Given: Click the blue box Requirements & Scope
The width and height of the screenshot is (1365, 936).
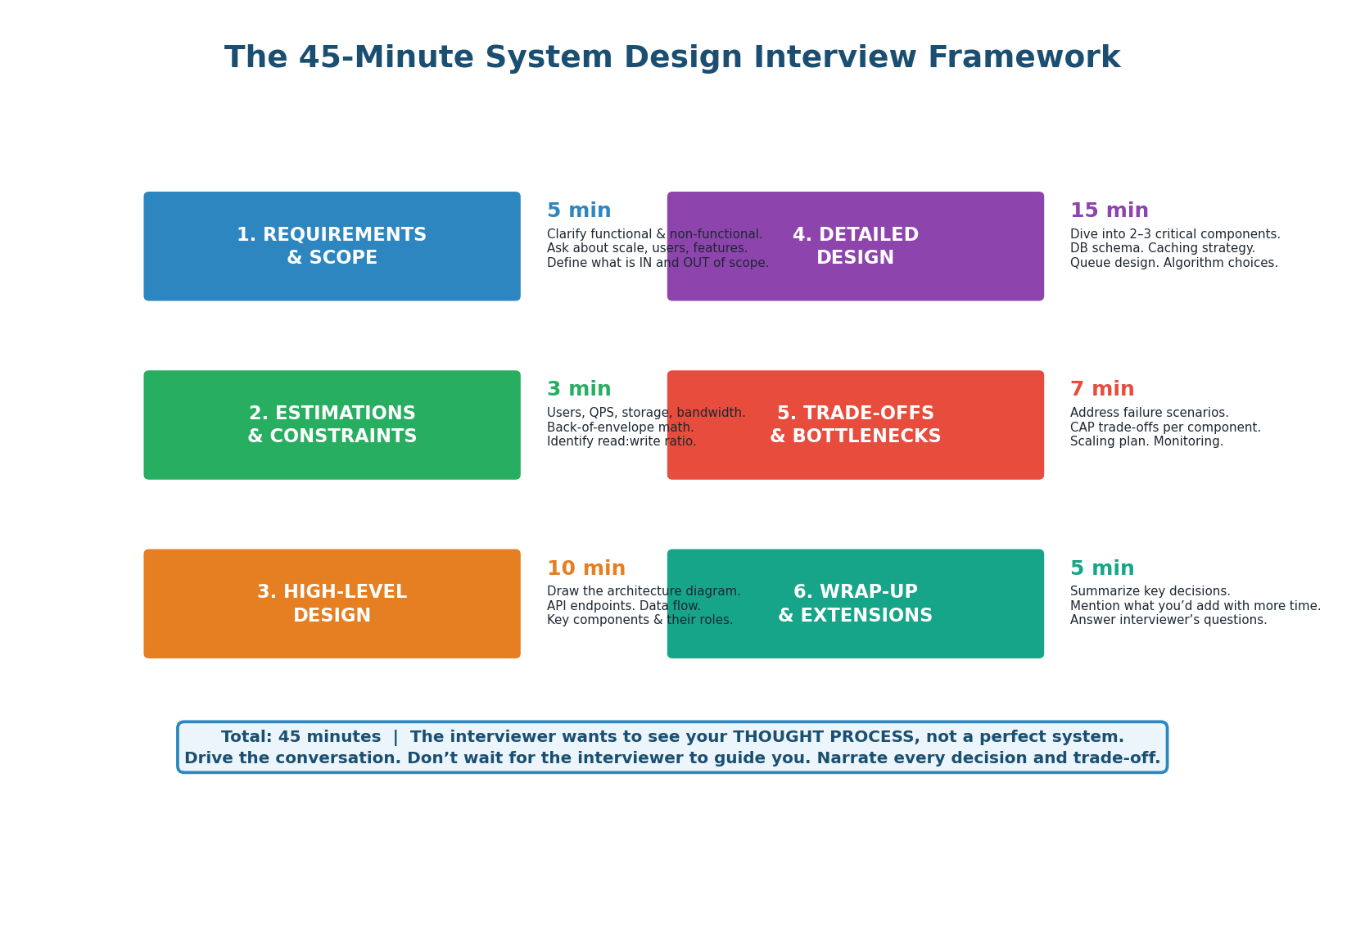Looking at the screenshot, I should pyautogui.click(x=332, y=246).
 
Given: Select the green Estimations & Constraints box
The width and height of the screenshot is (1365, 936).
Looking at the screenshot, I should pyautogui.click(x=332, y=425).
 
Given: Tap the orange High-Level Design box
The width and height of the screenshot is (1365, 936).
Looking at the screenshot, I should pyautogui.click(x=332, y=604).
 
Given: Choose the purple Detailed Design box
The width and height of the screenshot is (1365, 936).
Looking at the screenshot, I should pyautogui.click(x=855, y=246).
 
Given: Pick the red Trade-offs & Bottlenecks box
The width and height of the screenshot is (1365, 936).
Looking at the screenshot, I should pyautogui.click(x=855, y=425).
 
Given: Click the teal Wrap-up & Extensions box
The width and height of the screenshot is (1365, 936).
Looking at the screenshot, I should pyautogui.click(x=855, y=604).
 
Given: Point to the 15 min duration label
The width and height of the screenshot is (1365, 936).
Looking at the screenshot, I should pyautogui.click(x=1109, y=211).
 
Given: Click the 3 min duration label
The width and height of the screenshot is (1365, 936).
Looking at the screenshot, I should pyautogui.click(x=578, y=390).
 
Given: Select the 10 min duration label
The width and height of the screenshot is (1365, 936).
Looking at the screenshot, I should pyautogui.click(x=585, y=568).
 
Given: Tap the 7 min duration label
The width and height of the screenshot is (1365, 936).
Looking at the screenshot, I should pyautogui.click(x=1101, y=390).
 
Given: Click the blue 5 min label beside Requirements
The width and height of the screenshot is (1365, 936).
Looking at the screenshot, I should pyautogui.click(x=578, y=211).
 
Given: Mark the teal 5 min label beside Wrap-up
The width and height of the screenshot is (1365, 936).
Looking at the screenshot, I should pyautogui.click(x=1101, y=568).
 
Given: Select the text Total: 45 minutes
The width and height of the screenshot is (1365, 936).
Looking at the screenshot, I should pyautogui.click(x=301, y=737).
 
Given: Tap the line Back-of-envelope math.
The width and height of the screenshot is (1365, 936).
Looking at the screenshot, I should pyautogui.click(x=620, y=427).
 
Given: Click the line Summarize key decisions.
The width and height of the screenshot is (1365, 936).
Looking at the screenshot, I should pyautogui.click(x=1150, y=591).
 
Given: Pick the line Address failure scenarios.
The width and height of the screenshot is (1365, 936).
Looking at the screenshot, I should pyautogui.click(x=1149, y=413).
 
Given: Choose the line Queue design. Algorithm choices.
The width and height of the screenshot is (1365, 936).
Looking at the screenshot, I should pyautogui.click(x=1173, y=263).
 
